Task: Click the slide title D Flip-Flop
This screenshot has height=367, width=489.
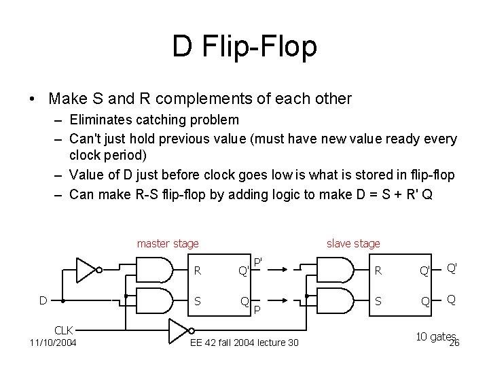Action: pos(244,47)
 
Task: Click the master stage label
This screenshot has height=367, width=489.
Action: pos(168,243)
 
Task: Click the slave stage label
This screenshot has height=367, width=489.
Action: pos(353,243)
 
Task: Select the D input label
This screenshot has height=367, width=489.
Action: pos(42,300)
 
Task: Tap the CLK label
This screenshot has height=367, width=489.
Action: pos(64,330)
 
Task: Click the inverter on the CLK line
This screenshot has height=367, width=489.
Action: pos(179,333)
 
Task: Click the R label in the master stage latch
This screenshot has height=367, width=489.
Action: pos(197,270)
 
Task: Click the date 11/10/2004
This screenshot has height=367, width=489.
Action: pos(53,342)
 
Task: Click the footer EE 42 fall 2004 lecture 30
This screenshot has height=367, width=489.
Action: pos(244,342)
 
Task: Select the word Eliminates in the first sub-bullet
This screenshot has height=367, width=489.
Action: pos(95,120)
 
